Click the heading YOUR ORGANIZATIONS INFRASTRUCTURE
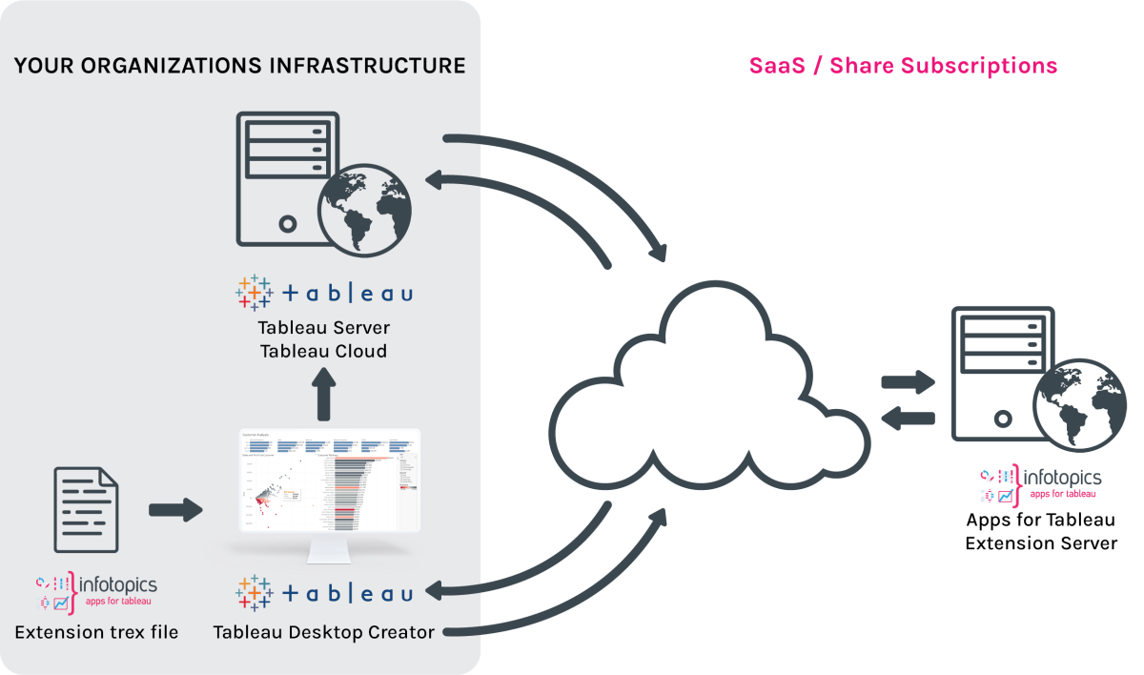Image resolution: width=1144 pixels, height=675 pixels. coord(239,66)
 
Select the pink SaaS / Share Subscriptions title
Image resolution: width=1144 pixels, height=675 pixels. coord(902,66)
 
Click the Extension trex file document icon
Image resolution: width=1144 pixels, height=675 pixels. coord(86,510)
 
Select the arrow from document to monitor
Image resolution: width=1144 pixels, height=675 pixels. coord(176,510)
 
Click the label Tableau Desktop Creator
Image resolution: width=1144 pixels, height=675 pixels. coord(323,632)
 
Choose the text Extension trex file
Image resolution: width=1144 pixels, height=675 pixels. coord(96,632)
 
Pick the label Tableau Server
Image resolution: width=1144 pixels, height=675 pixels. coord(323,327)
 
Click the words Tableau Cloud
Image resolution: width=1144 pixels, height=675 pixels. coord(323,351)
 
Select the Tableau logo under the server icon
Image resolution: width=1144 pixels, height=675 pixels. coord(323,292)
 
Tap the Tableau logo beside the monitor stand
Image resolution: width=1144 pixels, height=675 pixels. coord(323,593)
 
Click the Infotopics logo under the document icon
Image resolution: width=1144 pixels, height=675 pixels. coord(96,592)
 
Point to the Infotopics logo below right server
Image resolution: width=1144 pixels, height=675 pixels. coord(1040,483)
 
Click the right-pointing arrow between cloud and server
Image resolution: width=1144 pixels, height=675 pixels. coord(908,383)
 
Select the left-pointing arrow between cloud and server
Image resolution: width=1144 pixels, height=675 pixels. coord(908,417)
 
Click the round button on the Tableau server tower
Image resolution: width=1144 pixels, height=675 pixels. coord(287,225)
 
